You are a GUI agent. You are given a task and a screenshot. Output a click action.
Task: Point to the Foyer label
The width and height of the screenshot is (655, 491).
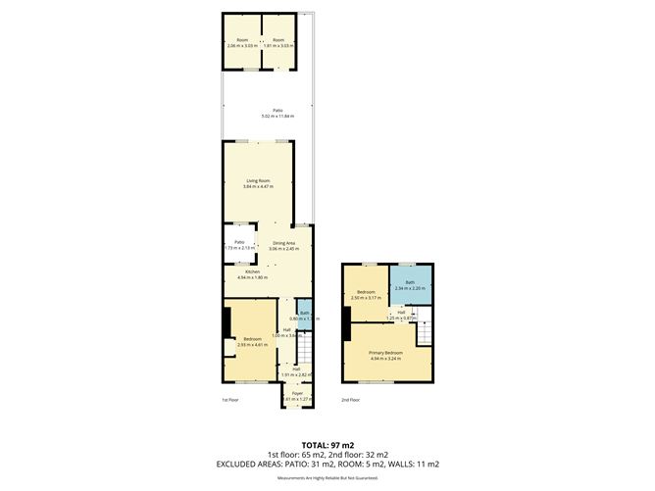click(295, 394)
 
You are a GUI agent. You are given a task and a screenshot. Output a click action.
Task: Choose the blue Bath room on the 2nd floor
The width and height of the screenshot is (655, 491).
click(411, 284)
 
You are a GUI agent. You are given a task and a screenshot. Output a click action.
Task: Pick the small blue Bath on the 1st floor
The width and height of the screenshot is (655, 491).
click(305, 314)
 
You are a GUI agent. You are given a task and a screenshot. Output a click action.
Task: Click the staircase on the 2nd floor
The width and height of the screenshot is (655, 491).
click(424, 333)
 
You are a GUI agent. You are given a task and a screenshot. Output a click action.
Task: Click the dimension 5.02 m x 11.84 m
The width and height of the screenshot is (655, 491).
click(279, 117)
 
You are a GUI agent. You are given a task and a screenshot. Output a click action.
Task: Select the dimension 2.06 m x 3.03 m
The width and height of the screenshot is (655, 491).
click(242, 45)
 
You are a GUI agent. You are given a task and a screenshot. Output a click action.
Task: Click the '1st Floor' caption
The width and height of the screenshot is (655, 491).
click(230, 400)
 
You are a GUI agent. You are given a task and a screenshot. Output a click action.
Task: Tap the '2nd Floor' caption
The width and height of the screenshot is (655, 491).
click(351, 400)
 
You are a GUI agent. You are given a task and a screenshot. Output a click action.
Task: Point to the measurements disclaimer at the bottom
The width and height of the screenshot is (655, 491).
click(327, 477)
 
